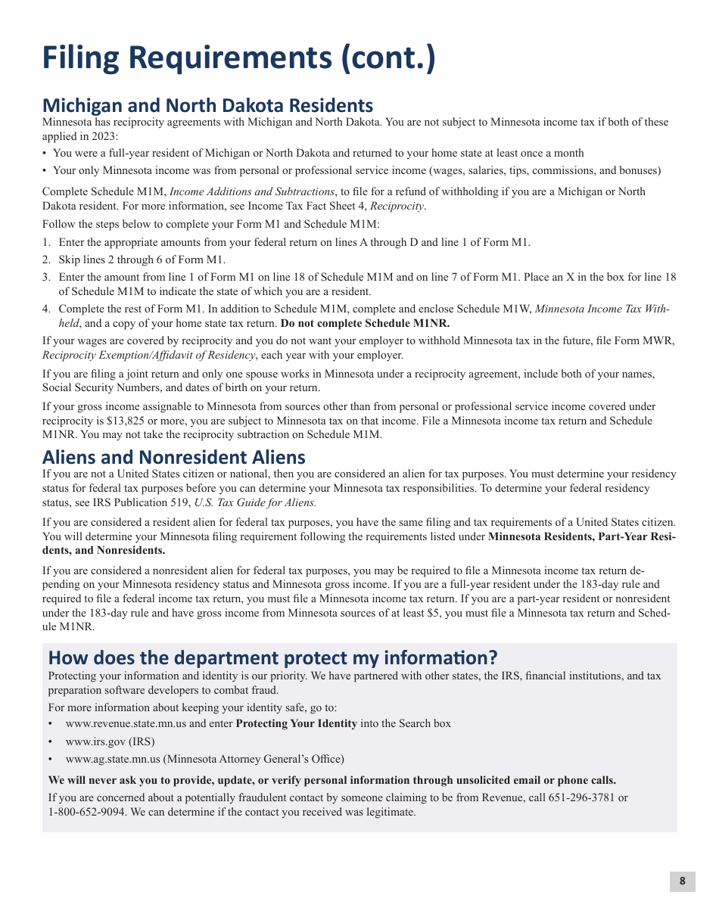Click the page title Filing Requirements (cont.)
238,59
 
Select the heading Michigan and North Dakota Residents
207,105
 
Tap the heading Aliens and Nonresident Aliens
173,457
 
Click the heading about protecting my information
272,657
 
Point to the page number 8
682,881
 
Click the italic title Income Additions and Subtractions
252,191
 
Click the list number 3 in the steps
46,277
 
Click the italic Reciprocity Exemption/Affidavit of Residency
148,355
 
